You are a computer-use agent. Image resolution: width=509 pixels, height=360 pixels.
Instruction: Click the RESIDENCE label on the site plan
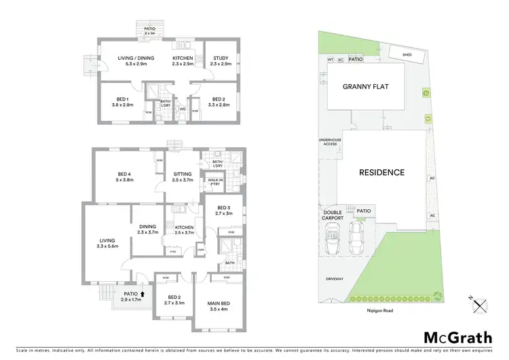click(x=381, y=173)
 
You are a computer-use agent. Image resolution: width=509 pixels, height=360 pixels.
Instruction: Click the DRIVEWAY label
click(x=333, y=278)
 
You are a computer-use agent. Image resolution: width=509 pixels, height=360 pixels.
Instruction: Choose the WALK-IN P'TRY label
click(x=216, y=181)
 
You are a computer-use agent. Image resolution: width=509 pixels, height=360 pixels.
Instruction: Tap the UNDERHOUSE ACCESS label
click(x=328, y=143)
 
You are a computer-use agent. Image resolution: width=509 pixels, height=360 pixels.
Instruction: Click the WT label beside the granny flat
click(x=331, y=60)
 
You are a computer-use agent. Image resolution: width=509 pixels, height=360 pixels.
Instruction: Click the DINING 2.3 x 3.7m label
click(x=148, y=230)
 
